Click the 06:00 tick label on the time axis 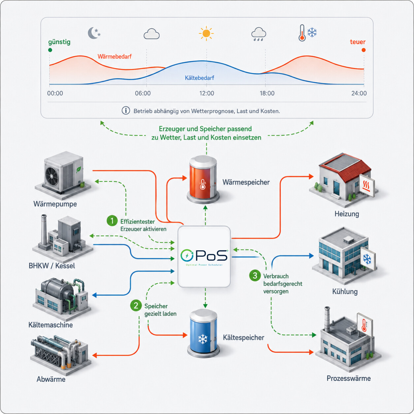pyautogui.click(x=143, y=93)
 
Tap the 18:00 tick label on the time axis pyautogui.click(x=267, y=93)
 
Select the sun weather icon pyautogui.click(x=206, y=33)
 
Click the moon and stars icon pyautogui.click(x=94, y=33)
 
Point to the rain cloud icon pyautogui.click(x=258, y=34)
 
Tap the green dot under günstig pyautogui.click(x=50, y=50)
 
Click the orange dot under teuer pyautogui.click(x=364, y=50)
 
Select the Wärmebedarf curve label pyautogui.click(x=114, y=56)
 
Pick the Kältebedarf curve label pyautogui.click(x=199, y=78)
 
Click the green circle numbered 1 pyautogui.click(x=112, y=221)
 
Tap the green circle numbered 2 pyautogui.click(x=136, y=305)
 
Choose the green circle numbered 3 pyautogui.click(x=255, y=275)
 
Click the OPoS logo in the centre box pyautogui.click(x=204, y=257)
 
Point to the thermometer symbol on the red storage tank pyautogui.click(x=203, y=184)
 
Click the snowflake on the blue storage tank pyautogui.click(x=203, y=339)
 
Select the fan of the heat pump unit pyautogui.click(x=51, y=176)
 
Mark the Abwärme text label pyautogui.click(x=51, y=379)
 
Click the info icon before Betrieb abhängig pyautogui.click(x=126, y=111)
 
